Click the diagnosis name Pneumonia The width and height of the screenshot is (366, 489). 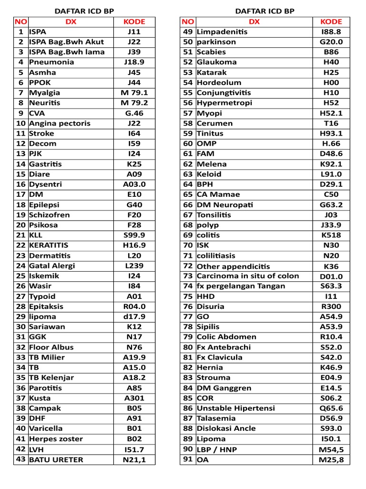51,62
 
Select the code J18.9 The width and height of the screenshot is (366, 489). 134,62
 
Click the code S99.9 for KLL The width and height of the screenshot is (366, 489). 134,235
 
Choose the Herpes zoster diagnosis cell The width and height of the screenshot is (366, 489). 56,439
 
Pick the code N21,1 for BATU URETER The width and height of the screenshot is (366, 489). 134,460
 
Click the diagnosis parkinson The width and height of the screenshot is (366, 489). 216,42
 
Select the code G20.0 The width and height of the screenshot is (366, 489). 331,42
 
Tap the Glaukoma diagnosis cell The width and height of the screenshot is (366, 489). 216,62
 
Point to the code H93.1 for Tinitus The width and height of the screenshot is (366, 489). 331,134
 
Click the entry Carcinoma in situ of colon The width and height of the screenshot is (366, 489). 248,276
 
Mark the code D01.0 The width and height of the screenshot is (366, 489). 331,276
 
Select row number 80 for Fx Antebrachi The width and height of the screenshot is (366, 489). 188,347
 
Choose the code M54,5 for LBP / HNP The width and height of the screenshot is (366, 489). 331,449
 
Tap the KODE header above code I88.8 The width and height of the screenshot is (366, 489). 331,21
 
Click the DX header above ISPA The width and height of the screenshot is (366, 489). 71,21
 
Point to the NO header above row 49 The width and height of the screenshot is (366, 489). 188,21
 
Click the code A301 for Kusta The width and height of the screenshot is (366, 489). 134,398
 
